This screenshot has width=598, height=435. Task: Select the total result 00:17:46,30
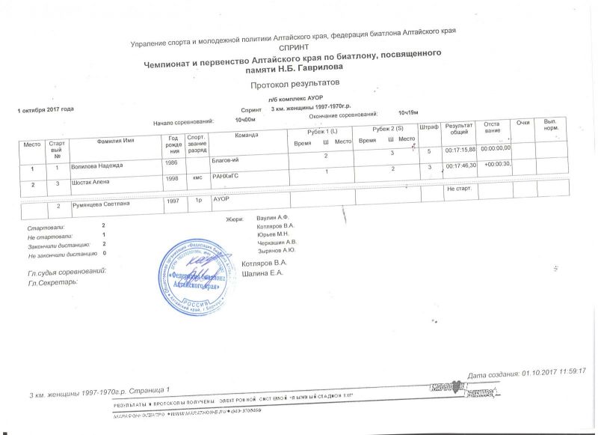coord(460,165)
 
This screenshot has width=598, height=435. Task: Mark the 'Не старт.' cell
coord(457,189)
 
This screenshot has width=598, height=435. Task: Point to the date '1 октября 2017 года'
coord(46,109)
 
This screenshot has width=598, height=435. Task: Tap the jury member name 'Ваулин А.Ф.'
coord(273,217)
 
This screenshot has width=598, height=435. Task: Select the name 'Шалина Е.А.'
coord(264,273)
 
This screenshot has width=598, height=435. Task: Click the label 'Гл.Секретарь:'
coord(52,282)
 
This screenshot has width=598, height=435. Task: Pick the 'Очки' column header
coord(523,121)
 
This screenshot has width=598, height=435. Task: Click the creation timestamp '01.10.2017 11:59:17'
coord(552,371)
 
